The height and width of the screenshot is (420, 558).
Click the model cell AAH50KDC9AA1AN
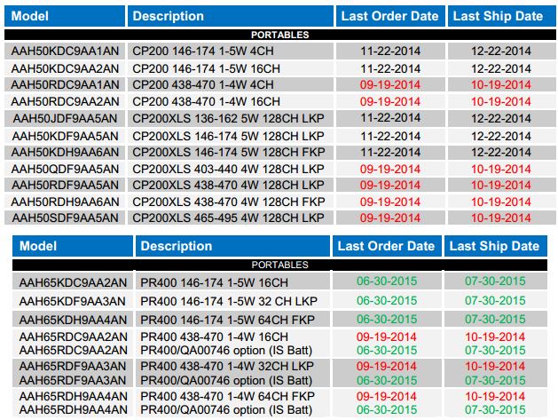[65, 51]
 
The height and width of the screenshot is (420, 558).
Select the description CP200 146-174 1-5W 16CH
[206, 68]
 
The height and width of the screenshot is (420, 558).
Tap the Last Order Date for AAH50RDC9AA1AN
[390, 84]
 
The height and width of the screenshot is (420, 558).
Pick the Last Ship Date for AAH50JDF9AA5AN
[500, 118]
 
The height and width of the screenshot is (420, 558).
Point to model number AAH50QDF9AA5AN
[65, 169]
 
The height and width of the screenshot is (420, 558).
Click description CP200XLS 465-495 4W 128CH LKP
[228, 218]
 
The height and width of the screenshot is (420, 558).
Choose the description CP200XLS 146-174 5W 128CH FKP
[229, 152]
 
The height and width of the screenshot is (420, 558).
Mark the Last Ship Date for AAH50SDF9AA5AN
[500, 218]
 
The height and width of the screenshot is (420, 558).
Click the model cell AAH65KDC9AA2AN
[73, 282]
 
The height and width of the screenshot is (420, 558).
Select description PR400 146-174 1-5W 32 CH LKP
[229, 301]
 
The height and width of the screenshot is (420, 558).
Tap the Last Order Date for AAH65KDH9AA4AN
[387, 319]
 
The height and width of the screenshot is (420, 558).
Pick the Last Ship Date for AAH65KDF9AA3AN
[495, 301]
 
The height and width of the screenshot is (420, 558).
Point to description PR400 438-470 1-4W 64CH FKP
[227, 396]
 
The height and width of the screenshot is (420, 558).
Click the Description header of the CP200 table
[168, 16]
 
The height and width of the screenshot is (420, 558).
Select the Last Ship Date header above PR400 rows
[494, 246]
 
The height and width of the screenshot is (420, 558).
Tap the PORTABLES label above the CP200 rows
[280, 35]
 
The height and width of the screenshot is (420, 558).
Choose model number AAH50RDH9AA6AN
[65, 202]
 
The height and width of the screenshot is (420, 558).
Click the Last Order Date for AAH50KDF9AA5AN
[390, 136]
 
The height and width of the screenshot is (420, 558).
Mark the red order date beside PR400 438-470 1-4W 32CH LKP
[387, 366]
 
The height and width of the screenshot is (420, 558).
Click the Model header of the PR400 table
[38, 246]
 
